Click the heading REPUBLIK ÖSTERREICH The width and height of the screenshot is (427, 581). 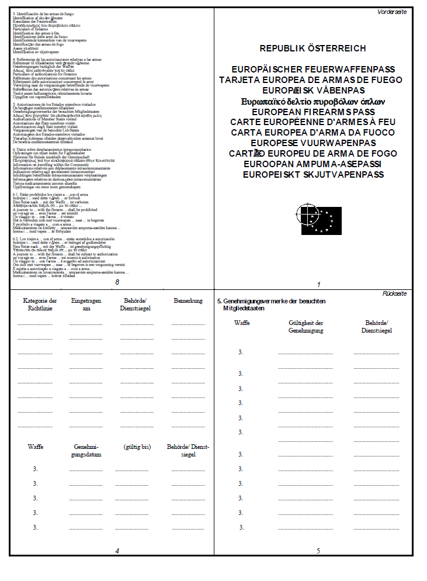313,49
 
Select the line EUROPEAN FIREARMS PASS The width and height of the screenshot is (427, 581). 313,112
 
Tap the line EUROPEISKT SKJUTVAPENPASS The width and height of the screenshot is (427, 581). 313,174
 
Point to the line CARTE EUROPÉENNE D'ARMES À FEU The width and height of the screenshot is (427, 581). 313,122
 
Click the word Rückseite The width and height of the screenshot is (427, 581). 394,293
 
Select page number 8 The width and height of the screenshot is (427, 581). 117,283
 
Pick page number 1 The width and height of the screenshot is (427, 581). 319,285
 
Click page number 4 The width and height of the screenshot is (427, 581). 117,551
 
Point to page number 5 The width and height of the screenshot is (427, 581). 318,551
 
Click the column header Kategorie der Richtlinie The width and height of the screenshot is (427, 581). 35,305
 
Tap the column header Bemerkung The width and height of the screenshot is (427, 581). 188,301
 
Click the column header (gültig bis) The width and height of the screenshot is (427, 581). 137,447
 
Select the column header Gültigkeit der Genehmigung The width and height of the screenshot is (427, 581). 306,327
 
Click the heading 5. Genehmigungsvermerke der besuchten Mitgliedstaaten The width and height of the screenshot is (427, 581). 271,305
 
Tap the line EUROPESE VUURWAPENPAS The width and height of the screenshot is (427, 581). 313,143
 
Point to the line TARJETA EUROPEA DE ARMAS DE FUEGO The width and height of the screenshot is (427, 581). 313,80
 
